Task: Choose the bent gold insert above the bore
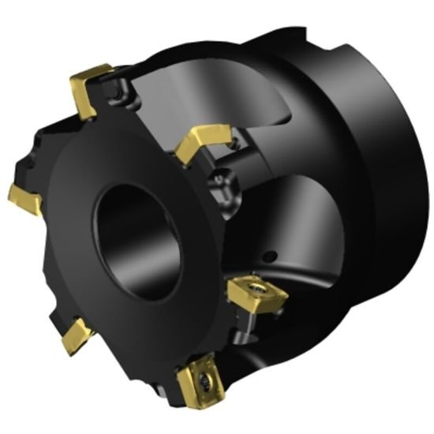pos(198,142)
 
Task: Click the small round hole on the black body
pos(271,256)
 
